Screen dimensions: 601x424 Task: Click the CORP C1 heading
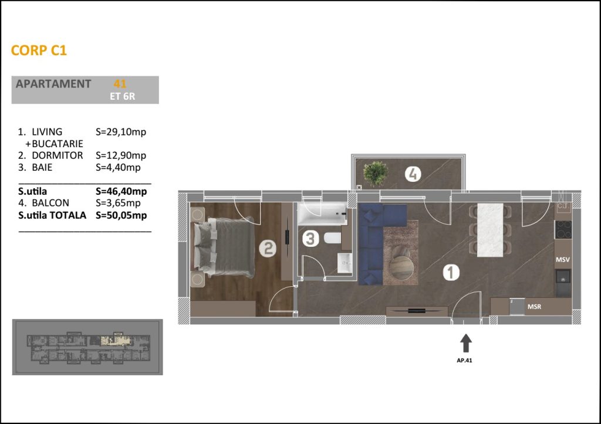coord(39,50)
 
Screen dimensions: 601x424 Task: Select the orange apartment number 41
coord(120,83)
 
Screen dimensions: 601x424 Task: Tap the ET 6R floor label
coord(122,96)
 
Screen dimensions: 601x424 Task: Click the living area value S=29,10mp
coord(121,132)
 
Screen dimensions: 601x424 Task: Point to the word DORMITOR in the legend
coord(57,155)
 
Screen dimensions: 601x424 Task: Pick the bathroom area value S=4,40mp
coord(118,167)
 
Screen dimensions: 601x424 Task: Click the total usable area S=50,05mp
coord(121,215)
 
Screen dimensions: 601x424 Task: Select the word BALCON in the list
coord(50,203)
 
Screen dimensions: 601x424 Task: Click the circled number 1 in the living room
coord(451,272)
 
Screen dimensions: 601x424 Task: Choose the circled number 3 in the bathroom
coord(310,238)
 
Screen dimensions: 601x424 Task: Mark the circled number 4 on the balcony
coord(413,174)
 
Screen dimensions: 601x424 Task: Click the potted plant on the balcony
coord(376,174)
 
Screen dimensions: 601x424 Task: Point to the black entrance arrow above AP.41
coord(465,343)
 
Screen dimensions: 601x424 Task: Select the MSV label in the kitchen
coord(563,260)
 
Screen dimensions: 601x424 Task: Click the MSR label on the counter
coord(534,307)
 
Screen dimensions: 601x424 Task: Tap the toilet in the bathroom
coord(332,238)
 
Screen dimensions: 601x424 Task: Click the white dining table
coord(490,230)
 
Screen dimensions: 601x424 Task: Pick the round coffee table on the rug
coord(401,268)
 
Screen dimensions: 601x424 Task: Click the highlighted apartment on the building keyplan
coord(115,341)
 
